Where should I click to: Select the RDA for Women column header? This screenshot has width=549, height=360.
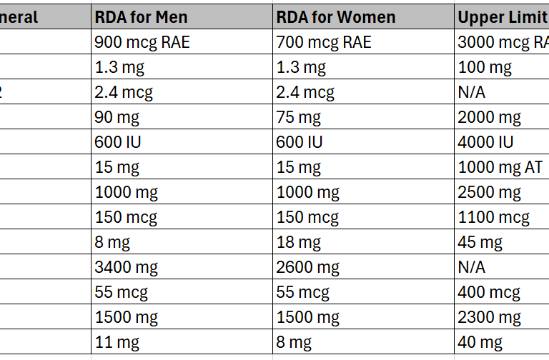(x=335, y=16)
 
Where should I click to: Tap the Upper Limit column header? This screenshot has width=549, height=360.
(x=500, y=16)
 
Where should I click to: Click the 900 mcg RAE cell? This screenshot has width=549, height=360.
(x=142, y=42)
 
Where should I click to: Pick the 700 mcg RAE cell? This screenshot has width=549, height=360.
(x=324, y=42)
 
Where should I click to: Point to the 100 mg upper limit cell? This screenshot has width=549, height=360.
(x=485, y=68)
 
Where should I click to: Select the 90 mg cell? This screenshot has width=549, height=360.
(x=117, y=117)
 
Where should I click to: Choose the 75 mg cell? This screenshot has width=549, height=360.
(x=299, y=117)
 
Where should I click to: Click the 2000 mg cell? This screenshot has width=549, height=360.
(x=490, y=117)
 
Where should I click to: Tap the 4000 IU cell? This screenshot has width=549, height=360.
(x=486, y=142)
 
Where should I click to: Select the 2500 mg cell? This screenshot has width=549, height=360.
(x=490, y=193)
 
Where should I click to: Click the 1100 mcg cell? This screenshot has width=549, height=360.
(x=493, y=218)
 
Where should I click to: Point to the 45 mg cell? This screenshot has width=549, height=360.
(x=480, y=243)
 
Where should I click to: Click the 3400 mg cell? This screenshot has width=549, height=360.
(x=126, y=268)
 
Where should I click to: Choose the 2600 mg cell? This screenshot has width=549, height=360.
(x=307, y=268)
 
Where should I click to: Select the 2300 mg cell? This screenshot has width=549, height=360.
(x=490, y=317)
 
